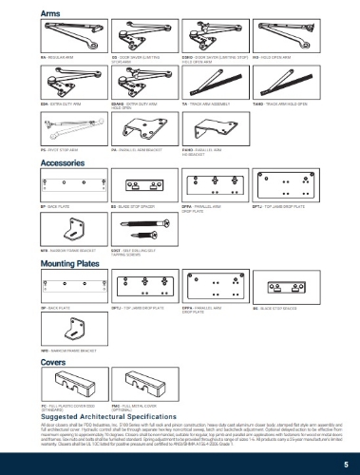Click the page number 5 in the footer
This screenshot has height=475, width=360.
point(348,459)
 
